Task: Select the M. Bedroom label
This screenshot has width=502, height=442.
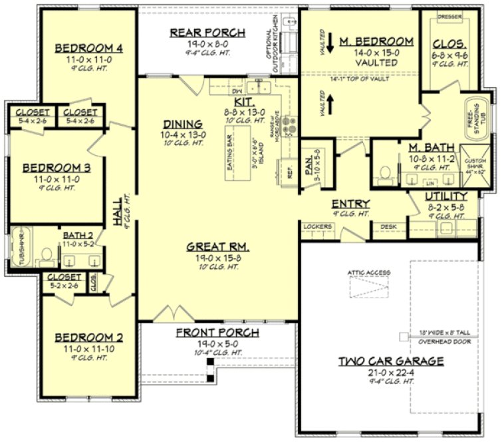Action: [x=376, y=42]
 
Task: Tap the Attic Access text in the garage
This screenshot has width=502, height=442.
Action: [x=368, y=272]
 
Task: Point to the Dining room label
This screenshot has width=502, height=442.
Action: [x=182, y=124]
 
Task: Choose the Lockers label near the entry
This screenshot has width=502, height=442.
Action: [x=316, y=227]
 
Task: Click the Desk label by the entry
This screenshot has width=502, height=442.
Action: [x=388, y=227]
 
